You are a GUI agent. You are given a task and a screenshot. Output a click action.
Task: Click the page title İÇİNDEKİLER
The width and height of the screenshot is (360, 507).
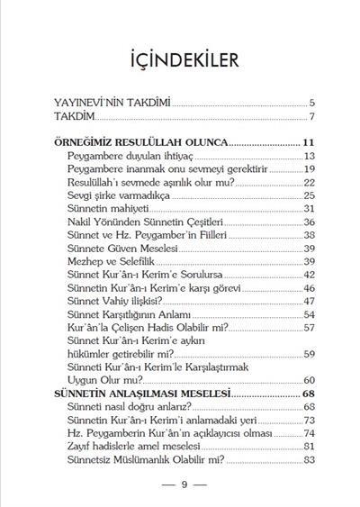180,60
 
